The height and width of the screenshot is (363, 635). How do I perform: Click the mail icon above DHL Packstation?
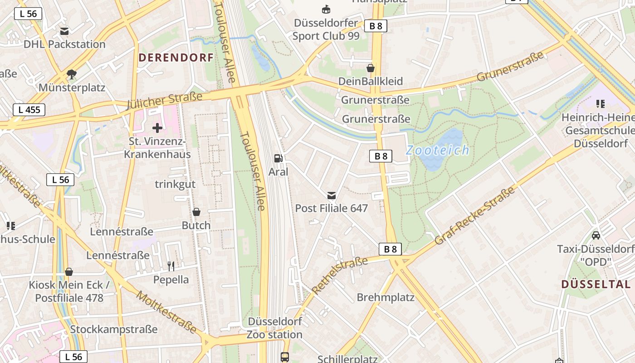64,31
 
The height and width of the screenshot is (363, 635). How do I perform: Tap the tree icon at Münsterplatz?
71,74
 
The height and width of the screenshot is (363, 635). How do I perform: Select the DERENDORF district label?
176,58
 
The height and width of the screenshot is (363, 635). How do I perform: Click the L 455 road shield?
29,109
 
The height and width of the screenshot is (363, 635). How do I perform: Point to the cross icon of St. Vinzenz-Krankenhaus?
157,128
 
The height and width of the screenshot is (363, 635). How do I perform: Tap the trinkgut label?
175,184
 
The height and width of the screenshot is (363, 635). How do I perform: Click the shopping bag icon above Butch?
196,212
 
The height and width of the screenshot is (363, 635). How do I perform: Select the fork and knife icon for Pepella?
171,266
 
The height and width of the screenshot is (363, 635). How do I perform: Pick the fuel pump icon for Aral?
278,158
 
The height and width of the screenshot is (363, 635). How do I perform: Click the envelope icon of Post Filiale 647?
332,195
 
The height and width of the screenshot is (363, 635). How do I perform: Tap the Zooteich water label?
437,150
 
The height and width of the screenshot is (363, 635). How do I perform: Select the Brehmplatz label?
386,298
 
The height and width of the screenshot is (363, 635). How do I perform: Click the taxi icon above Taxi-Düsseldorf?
596,235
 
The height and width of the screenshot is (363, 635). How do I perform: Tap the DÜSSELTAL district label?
596,285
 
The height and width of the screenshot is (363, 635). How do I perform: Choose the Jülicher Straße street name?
164,101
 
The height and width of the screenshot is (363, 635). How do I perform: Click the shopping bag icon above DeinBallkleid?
371,68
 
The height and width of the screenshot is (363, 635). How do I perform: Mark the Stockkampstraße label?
114,329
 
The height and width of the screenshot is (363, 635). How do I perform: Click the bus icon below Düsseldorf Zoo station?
285,357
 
